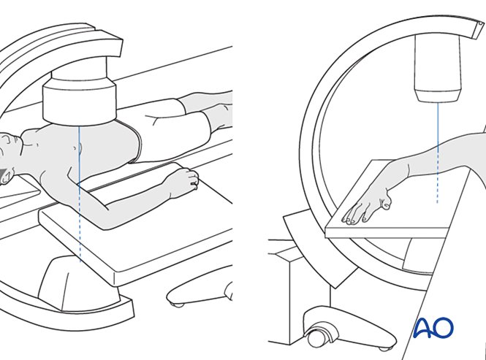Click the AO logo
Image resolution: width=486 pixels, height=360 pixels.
tap(433, 328)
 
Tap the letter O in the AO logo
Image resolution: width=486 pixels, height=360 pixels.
tap(443, 327)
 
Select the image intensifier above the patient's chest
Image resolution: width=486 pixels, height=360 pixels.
tap(80, 98)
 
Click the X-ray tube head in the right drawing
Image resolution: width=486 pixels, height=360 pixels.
tap(438, 68)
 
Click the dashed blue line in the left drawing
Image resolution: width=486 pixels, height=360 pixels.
tap(80, 223)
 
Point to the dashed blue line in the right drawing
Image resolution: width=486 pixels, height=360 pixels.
tap(437, 177)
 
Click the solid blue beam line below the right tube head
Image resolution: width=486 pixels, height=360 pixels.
tap(438, 127)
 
